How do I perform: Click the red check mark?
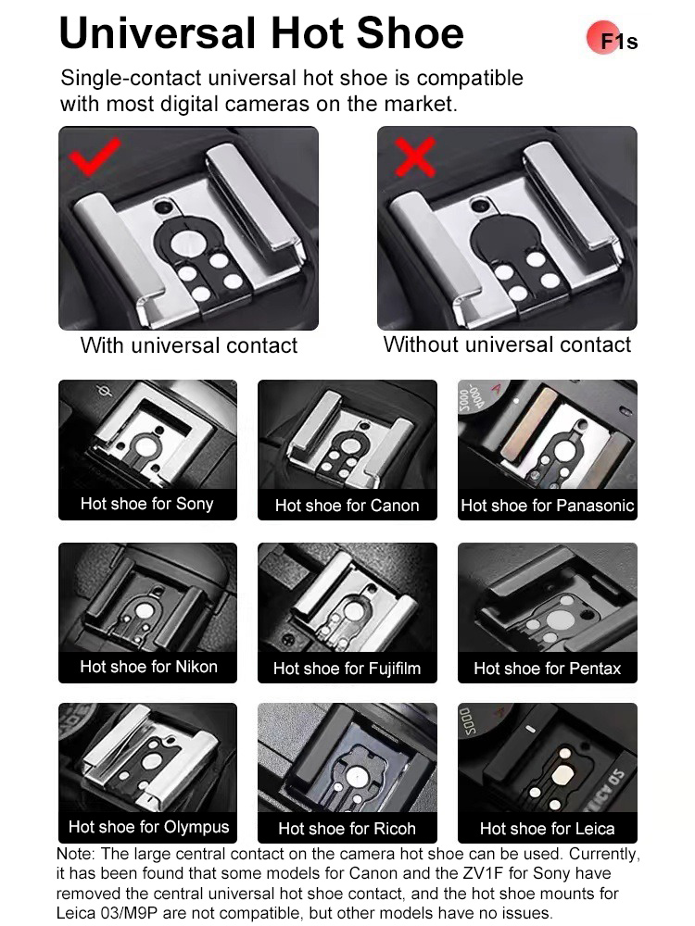pos(94,158)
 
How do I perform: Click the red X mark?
pos(415,157)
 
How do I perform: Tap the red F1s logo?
pos(612,39)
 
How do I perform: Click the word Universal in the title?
pos(158,33)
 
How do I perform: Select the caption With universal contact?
pos(188,345)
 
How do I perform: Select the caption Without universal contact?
pos(507,344)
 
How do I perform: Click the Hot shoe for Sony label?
pos(147,504)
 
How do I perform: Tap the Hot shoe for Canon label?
pos(347,506)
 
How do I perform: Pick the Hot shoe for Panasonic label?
pos(548,506)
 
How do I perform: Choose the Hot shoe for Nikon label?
pos(148,667)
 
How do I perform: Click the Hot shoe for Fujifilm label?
pos(347,669)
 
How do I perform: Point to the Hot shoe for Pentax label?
pos(548,669)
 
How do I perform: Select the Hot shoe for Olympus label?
pos(148,827)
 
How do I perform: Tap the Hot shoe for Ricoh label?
pos(347,829)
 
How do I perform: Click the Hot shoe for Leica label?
pos(548,829)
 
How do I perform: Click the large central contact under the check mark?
pos(187,242)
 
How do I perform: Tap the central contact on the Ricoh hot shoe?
pos(358,777)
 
